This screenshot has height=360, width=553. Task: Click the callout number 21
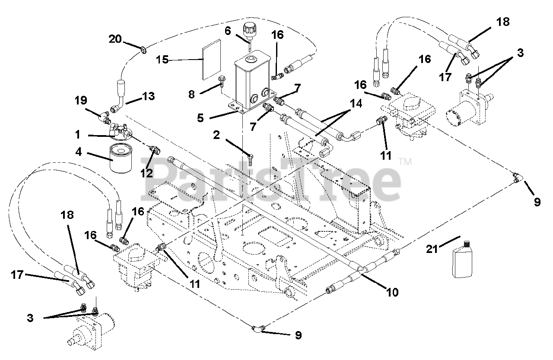[432, 249]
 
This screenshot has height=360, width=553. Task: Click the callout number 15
[162, 60]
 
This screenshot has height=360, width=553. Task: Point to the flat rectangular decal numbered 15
[211, 60]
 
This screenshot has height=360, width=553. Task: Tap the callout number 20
[115, 39]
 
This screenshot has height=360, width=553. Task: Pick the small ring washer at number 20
[143, 51]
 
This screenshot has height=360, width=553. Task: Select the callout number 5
[200, 118]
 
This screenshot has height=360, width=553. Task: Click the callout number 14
[356, 104]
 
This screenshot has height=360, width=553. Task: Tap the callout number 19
[81, 100]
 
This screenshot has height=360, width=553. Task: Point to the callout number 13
[149, 96]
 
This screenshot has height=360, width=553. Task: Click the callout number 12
[146, 173]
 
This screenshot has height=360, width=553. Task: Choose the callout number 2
[216, 135]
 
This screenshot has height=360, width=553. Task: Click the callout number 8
[191, 95]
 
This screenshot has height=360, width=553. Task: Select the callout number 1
[78, 135]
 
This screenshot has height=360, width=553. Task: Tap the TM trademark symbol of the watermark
[405, 162]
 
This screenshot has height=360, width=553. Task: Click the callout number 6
[228, 31]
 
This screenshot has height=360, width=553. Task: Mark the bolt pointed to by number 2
[250, 160]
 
